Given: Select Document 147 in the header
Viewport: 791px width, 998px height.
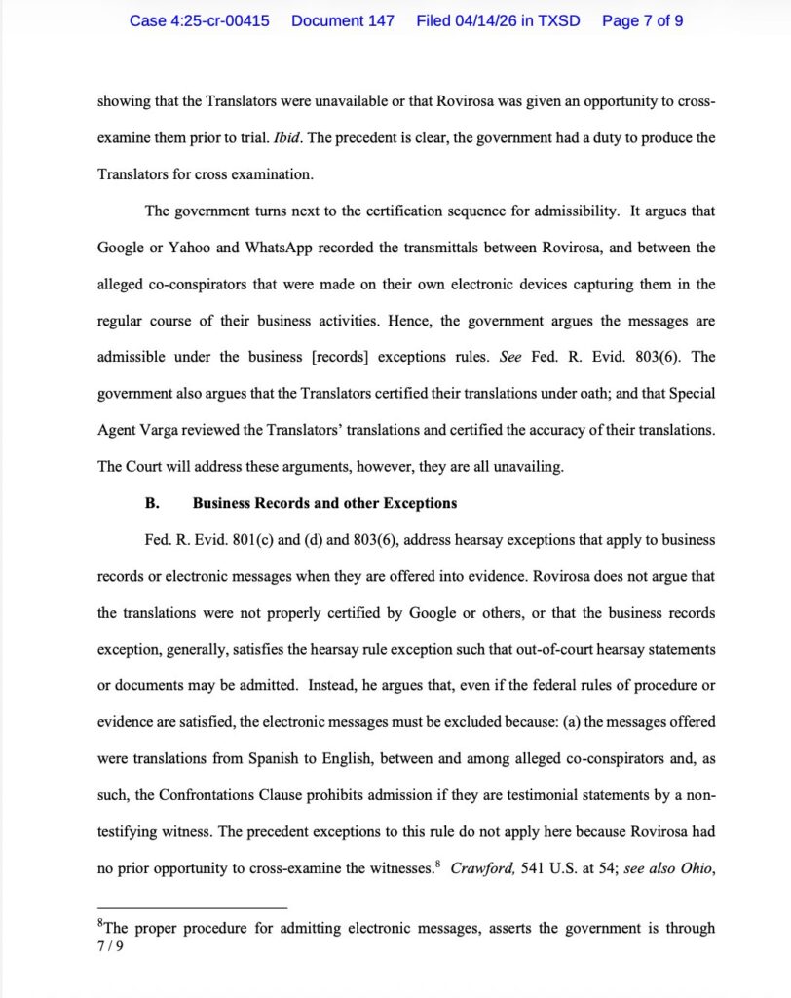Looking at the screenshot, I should [342, 20].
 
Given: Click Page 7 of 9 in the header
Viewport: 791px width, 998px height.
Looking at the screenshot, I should [642, 20].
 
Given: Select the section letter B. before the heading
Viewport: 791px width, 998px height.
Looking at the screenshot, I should [152, 504].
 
